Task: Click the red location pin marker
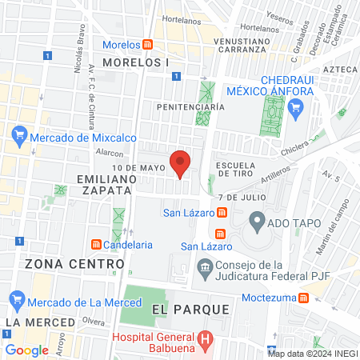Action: pyautogui.click(x=180, y=162)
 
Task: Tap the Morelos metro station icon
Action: pyautogui.click(x=148, y=44)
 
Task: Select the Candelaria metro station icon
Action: pyautogui.click(x=95, y=243)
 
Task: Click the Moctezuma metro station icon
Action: pyautogui.click(x=303, y=298)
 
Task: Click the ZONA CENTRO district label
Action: pyautogui.click(x=65, y=263)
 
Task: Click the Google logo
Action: pyautogui.click(x=26, y=350)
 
